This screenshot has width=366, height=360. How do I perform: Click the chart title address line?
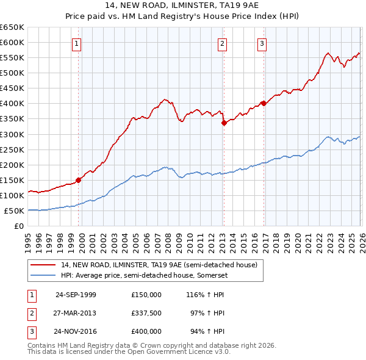pos(183,6)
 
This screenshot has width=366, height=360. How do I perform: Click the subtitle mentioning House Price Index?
pos(183,17)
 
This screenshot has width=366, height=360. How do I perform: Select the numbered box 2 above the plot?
pos(223,43)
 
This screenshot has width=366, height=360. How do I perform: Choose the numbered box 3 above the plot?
pos(262,43)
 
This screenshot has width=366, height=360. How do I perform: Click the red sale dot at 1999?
pos(79,180)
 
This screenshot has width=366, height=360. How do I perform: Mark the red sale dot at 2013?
pos(224,123)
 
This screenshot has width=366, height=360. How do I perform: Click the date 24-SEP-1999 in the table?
pos(76,295)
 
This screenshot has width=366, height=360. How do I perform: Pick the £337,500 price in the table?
pos(146,313)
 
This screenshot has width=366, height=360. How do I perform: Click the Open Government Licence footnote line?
pos(129,352)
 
